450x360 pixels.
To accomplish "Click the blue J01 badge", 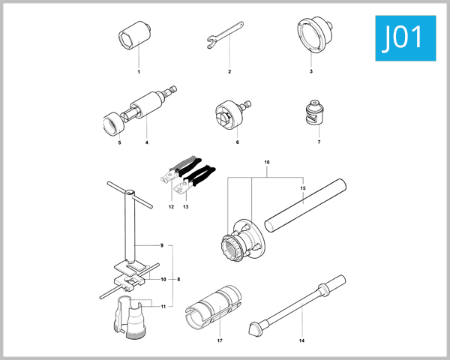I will tap(403, 37).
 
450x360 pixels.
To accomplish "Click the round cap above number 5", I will tap(115, 122).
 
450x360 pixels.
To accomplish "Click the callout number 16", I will tap(266, 163).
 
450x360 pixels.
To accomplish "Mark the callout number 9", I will tap(161, 245).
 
